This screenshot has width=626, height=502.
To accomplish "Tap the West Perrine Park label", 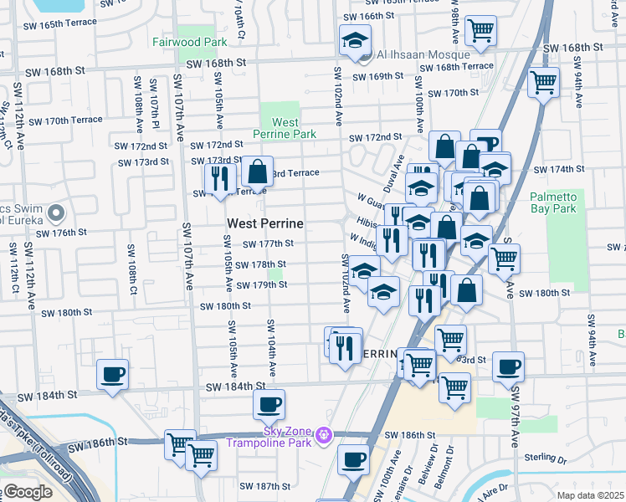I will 285,128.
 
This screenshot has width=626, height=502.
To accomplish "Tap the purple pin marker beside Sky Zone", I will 326,435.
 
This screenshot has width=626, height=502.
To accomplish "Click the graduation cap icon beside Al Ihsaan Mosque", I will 355,41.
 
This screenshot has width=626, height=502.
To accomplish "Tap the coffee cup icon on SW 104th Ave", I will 269,405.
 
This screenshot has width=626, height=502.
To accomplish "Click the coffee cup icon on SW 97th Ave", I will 508,367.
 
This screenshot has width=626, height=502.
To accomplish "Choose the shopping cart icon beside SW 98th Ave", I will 480,31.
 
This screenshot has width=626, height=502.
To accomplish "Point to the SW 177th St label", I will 268,244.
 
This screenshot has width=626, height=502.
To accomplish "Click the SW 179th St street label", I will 262,285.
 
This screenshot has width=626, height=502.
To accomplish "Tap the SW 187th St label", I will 259,486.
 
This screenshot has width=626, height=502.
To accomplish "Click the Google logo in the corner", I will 28,492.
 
